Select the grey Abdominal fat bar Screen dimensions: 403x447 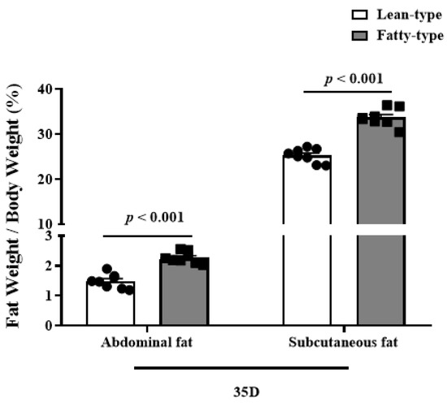point(184,292)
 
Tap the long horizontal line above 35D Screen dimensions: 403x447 point(241,367)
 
